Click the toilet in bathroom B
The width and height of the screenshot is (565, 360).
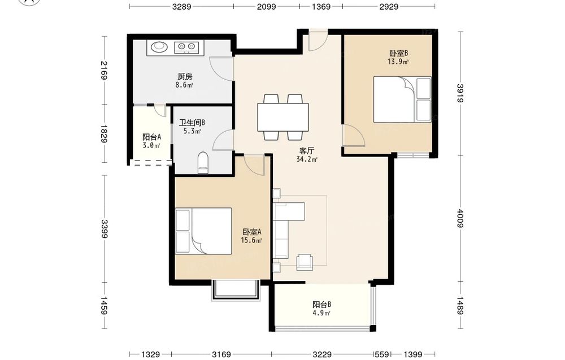[203, 163]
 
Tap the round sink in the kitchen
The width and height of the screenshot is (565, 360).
[159, 47]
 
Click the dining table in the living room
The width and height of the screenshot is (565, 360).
[283, 117]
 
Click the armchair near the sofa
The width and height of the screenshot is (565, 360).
[305, 262]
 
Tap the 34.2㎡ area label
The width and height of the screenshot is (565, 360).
[307, 159]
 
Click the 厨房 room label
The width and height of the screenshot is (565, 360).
[185, 76]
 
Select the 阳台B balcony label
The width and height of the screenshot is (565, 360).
[322, 305]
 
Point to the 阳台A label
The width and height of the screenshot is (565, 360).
[151, 137]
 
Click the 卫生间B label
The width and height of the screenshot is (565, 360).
[192, 123]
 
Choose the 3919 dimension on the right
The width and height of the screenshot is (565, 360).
[460, 93]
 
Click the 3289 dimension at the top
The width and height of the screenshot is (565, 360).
[181, 6]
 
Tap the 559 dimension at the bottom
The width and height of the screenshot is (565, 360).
[382, 354]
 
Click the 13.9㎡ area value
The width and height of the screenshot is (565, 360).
[398, 62]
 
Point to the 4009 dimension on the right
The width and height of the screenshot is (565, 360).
[460, 218]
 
